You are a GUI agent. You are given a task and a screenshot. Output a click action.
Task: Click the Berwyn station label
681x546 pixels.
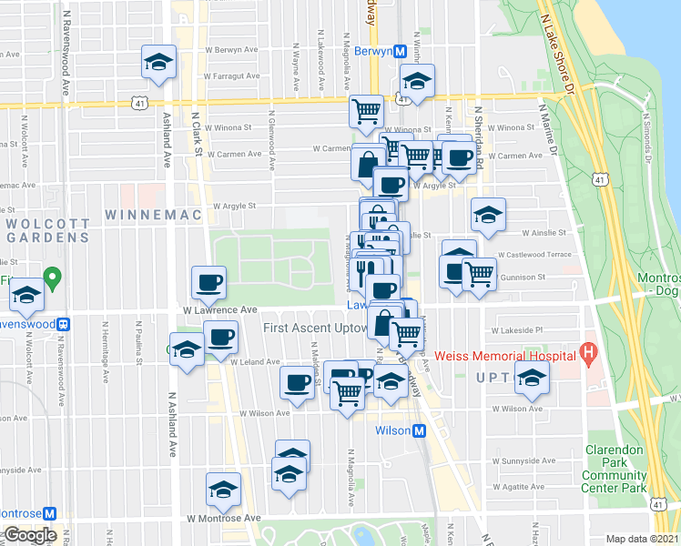point(372,52)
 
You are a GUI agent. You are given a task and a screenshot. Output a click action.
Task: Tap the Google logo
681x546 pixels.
point(30,536)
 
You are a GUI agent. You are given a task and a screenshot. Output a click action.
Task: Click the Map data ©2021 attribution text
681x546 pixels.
point(643,539)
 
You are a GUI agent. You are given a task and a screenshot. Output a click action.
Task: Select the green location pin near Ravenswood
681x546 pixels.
point(54,277)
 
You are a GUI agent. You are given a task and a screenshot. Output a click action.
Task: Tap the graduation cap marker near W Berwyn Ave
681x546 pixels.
point(158,62)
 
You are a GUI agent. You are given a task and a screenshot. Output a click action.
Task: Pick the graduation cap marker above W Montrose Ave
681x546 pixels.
point(223,490)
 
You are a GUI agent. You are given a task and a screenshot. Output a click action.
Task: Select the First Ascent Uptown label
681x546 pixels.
point(315,328)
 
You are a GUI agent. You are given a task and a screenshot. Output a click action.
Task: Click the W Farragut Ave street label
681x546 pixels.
point(227,76)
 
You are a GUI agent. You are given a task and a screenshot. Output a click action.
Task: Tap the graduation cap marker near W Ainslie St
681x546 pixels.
point(488,216)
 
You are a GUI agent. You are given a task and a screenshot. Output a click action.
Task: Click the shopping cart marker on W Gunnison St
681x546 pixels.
point(479,273)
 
